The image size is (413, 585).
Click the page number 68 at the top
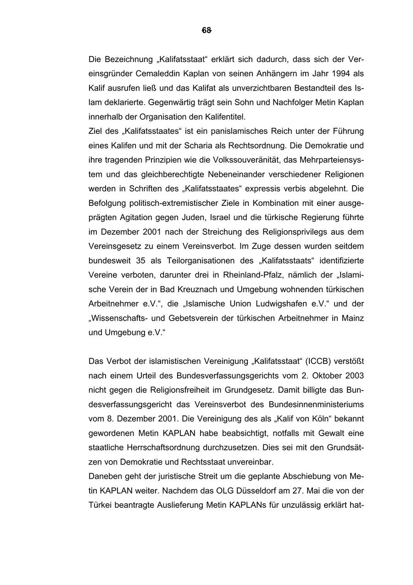pyautogui.click(x=206, y=30)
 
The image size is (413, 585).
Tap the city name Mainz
pyautogui.click(x=352, y=318)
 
